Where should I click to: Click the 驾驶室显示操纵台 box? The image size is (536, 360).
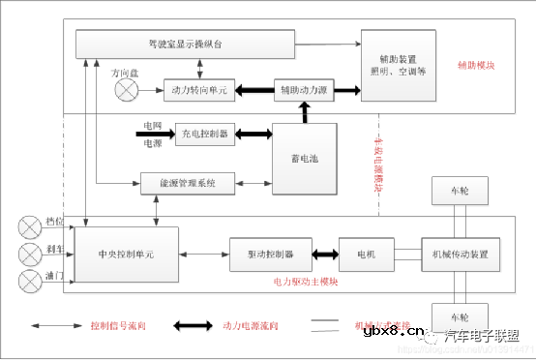pyautogui.click(x=184, y=44)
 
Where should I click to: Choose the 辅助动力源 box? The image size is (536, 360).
pyautogui.click(x=305, y=90)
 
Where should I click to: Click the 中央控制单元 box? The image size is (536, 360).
pyautogui.click(x=127, y=255)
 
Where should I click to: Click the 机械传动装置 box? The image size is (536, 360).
pyautogui.click(x=460, y=255)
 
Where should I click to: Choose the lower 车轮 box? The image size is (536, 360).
pyautogui.click(x=460, y=316)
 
